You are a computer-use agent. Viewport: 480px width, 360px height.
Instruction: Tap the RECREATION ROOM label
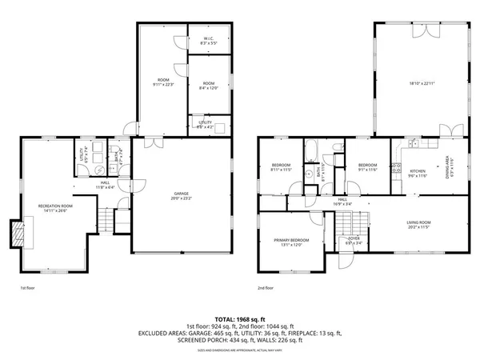pos(56,207)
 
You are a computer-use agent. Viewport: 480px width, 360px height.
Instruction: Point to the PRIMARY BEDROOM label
pos(291,240)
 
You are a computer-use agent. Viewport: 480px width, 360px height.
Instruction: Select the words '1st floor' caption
pos(29,287)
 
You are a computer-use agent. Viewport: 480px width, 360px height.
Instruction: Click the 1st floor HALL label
pos(104,184)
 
